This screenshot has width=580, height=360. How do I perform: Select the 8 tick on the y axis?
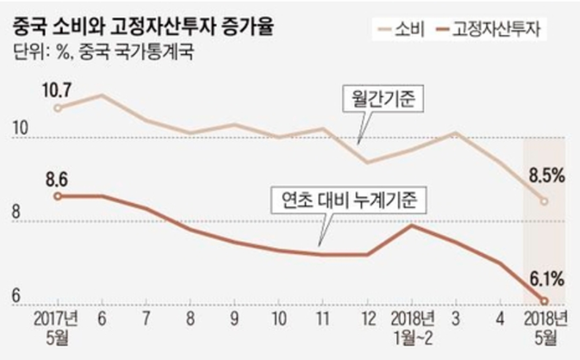[17, 212]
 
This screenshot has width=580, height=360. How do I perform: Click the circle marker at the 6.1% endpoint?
[544, 300]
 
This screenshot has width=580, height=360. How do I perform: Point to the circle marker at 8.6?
[57, 196]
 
